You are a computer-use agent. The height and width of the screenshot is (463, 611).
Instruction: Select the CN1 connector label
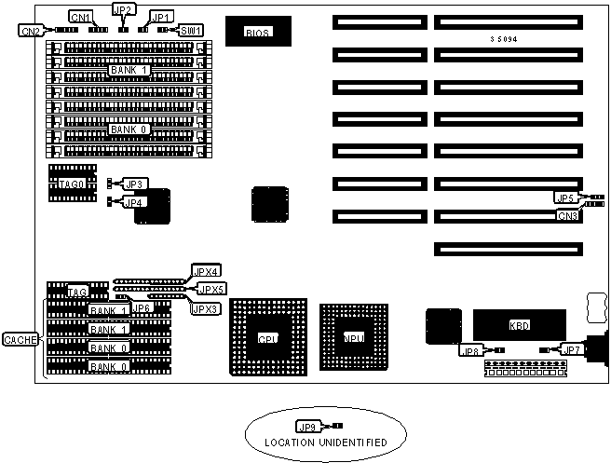pos(81,18)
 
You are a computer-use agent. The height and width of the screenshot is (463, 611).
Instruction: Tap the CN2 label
pos(30,31)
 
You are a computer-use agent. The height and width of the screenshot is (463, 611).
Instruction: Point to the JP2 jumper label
pos(123,9)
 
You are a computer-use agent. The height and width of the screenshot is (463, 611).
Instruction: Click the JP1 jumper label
pos(160,18)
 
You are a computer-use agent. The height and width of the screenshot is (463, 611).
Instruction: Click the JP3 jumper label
pos(134,184)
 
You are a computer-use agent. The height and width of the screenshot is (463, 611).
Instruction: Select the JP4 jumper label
pos(134,201)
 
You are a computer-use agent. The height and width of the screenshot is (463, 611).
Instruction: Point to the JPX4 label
pos(205,271)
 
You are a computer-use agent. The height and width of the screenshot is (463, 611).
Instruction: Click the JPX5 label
pos(211,289)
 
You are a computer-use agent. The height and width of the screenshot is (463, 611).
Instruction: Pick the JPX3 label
pos(205,307)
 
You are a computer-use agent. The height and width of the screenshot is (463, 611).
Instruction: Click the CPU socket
pos(267,337)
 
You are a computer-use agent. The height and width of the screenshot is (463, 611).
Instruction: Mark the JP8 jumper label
pos(470,350)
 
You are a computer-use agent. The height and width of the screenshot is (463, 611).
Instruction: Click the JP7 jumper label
pos(573,349)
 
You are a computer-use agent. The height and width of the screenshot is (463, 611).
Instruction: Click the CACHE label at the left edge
pos(20,340)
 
